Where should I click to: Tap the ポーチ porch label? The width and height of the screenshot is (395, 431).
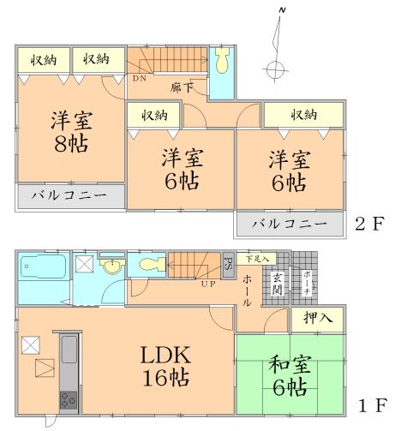click(x=305, y=282)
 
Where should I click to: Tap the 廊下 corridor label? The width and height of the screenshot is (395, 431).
click(x=180, y=87)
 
